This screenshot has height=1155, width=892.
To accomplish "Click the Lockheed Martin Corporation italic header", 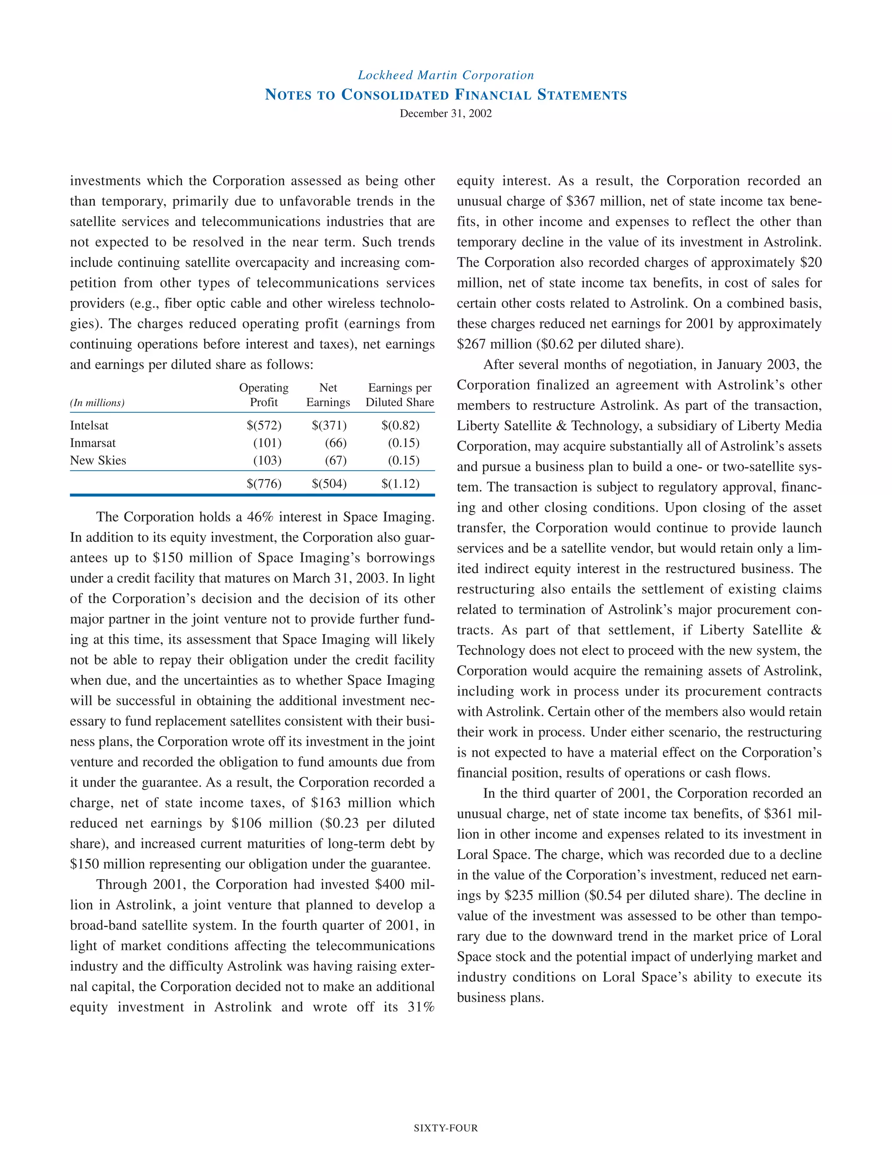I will click(446, 75).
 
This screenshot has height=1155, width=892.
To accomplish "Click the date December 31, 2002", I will click(446, 114).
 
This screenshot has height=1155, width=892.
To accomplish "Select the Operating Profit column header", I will click(264, 395).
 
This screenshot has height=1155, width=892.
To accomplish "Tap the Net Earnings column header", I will click(328, 395).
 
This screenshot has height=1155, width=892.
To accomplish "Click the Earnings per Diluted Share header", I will click(399, 395).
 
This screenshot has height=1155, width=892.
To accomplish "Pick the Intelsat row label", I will click(89, 426).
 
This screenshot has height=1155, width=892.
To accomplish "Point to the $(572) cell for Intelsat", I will click(264, 426).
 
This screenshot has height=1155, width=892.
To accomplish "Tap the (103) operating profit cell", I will click(267, 461).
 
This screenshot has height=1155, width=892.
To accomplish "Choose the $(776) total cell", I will click(264, 484).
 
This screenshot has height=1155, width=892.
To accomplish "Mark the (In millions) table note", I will click(97, 403).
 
